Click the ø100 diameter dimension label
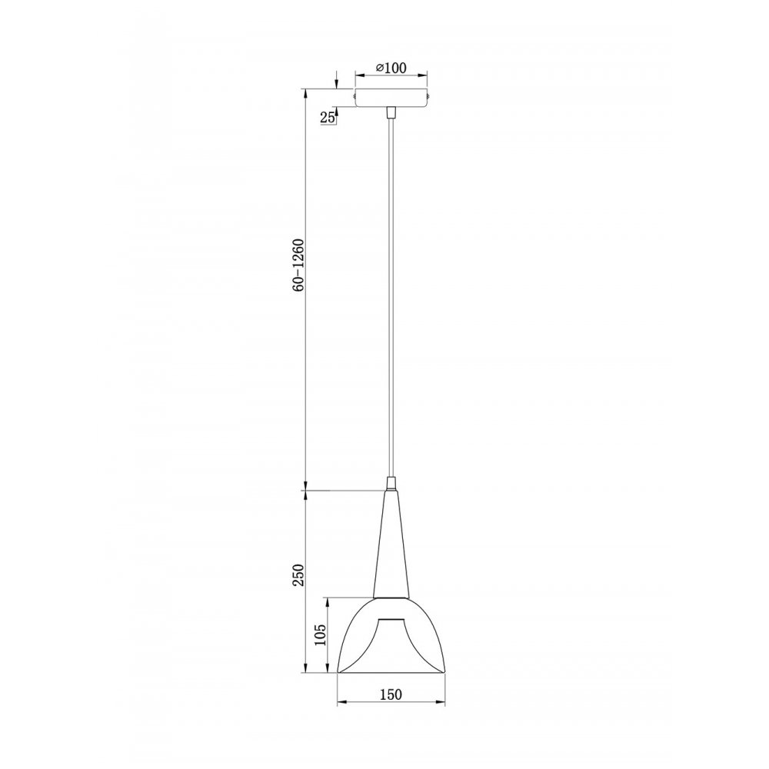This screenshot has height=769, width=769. tap(391, 68)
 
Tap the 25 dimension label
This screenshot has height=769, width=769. tap(327, 117)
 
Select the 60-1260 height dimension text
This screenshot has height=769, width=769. tap(298, 266)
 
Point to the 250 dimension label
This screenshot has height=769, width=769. tap(298, 574)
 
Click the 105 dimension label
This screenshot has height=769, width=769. tap(319, 634)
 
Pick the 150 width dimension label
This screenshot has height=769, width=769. tap(391, 694)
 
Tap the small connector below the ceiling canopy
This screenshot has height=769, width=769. tap(391, 112)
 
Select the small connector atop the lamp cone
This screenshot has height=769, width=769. tap(391, 483)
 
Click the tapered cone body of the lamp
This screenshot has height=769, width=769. tap(391, 544)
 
